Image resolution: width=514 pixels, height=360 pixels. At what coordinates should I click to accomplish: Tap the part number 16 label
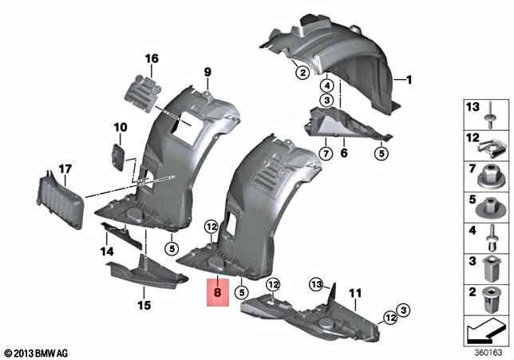point(152,58)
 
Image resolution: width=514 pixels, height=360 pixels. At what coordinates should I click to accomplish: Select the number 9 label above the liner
point(208,73)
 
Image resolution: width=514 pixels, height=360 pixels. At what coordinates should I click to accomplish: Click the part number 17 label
point(65,168)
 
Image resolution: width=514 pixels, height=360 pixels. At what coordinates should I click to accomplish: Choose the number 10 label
point(120,127)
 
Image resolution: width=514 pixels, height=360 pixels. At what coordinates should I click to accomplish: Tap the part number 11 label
point(355,293)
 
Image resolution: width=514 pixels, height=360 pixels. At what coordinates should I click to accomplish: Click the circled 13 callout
point(316,284)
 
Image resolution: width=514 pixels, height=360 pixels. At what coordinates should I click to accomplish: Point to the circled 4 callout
point(327,85)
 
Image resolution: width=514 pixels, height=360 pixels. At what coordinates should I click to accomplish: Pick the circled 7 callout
point(303,152)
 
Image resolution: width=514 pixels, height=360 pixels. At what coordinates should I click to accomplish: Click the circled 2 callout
point(302,73)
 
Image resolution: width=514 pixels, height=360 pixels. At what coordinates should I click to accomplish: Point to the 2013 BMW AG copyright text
point(38,351)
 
